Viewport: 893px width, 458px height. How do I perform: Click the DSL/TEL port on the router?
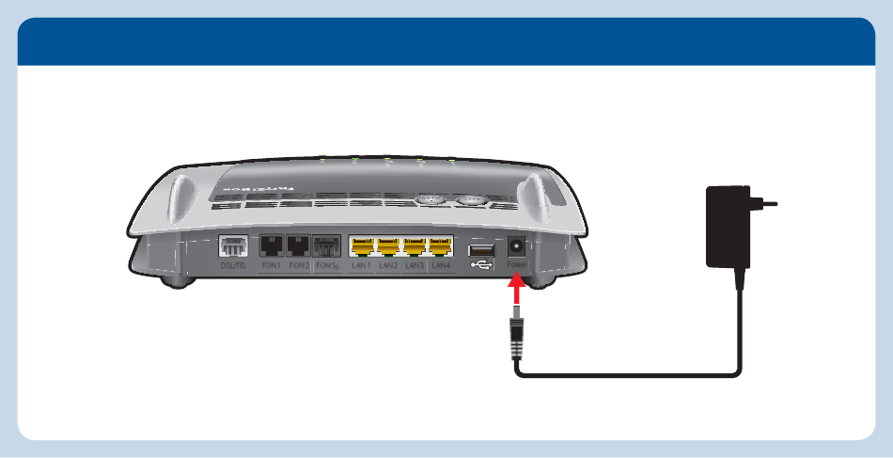pos(231,247)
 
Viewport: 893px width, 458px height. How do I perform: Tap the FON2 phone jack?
pos(299,247)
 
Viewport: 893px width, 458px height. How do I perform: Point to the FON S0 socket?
pos(326,247)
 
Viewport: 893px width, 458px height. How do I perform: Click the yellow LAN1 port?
pos(362,247)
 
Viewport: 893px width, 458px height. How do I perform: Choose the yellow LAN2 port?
pos(388,247)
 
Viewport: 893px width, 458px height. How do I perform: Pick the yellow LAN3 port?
pos(415,247)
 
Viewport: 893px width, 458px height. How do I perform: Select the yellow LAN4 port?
pos(441,247)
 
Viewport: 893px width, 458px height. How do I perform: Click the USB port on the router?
pos(479,249)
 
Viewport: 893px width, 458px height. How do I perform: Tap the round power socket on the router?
pos(516,247)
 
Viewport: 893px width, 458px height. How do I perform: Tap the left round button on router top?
pos(431,200)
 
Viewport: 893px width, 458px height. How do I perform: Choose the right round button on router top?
pos(470,200)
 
